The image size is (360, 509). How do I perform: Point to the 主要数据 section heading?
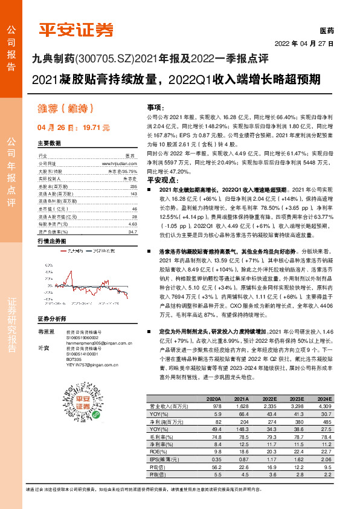[50, 143]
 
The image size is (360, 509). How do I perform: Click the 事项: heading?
[155, 106]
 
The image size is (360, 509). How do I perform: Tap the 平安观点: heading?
[161, 180]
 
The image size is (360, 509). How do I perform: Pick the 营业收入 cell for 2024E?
[324, 408]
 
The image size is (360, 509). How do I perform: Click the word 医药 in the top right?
[326, 30]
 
